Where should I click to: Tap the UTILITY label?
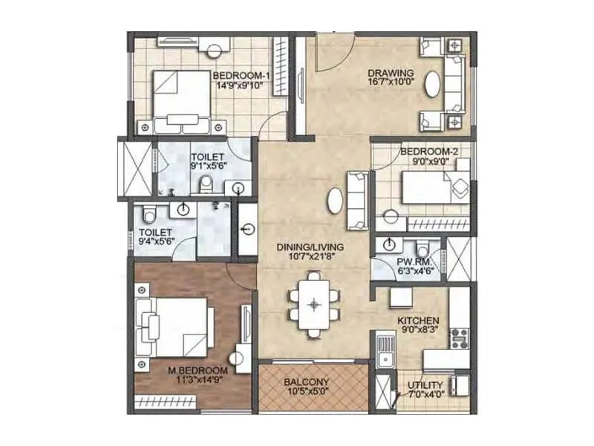pos(425,385)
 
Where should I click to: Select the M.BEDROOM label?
pos(196,369)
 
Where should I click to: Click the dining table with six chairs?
pos(316,303)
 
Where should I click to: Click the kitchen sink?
pos(384,349)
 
